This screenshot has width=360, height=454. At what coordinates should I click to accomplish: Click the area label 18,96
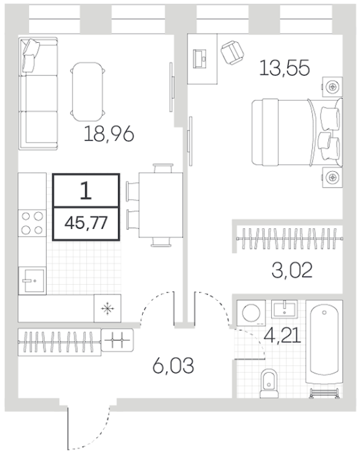[x=108, y=134]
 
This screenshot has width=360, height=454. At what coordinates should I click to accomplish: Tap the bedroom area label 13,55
[x=284, y=68]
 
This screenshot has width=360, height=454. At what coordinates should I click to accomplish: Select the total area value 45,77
[x=86, y=223]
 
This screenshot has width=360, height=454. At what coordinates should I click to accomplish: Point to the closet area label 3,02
[x=293, y=270]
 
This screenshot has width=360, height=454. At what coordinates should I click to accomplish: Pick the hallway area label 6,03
[x=173, y=365]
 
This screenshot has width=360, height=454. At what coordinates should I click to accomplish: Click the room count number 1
[x=86, y=191]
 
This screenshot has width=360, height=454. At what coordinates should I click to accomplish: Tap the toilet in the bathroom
[x=269, y=384]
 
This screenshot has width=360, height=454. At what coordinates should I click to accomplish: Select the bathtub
[x=324, y=342]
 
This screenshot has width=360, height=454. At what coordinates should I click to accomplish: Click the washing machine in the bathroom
[x=252, y=313]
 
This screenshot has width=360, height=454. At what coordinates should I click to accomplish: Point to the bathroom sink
[x=284, y=309]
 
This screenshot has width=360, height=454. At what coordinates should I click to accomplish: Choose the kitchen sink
[x=32, y=281]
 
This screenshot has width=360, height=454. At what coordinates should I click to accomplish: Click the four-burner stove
[x=32, y=223]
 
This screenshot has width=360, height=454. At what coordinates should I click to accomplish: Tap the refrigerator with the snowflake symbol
[x=108, y=308]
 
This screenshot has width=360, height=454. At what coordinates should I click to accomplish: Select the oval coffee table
[x=88, y=92]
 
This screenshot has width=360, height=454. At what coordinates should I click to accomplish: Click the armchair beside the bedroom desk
[x=233, y=53]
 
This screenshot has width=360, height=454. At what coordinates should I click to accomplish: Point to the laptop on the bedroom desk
[x=200, y=59]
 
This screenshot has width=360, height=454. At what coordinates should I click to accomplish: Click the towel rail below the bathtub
[x=324, y=392]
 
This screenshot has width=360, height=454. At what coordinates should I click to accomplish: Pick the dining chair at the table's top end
[x=163, y=168]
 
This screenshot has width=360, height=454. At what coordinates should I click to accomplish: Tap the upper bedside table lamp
[x=332, y=86]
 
